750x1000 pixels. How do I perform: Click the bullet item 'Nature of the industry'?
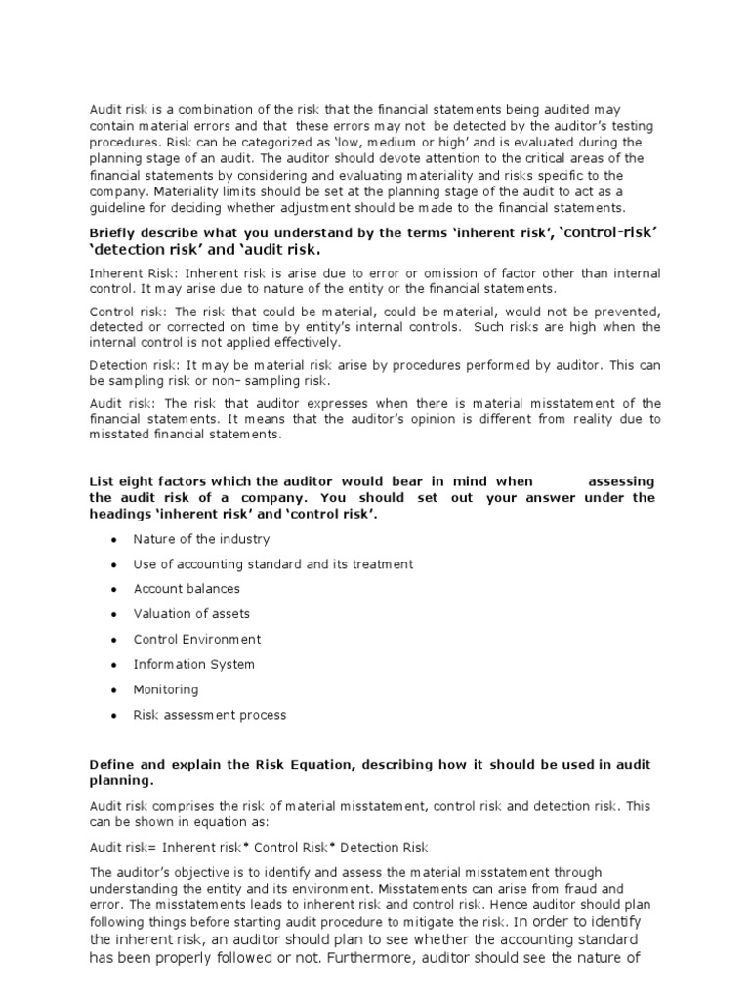(201, 539)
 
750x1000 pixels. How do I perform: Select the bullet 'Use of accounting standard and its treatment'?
(272, 564)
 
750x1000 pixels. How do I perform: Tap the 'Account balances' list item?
(187, 589)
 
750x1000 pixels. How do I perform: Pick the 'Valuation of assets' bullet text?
(191, 614)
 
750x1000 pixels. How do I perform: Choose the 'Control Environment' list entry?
(197, 640)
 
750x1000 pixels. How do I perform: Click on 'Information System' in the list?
(193, 665)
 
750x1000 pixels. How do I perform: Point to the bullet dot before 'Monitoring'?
(115, 690)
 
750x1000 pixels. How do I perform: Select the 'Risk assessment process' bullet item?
(210, 715)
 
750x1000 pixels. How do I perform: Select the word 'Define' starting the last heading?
(109, 765)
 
